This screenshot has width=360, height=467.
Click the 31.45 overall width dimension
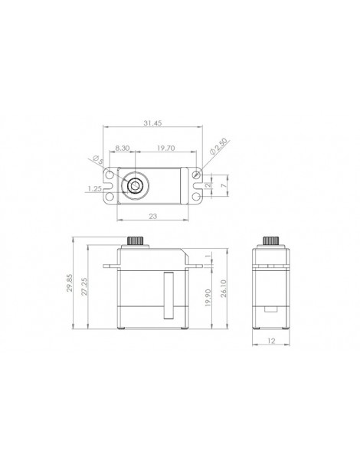coord(152,122)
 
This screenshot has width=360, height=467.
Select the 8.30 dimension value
coord(123,148)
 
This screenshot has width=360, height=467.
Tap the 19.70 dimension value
coord(165,148)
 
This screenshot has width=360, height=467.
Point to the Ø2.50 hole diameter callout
coord(219,146)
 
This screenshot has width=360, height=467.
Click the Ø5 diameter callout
coord(98,160)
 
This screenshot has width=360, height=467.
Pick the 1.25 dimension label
coord(95,188)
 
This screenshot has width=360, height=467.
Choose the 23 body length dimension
coord(152,216)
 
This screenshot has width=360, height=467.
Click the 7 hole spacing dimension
coord(224,185)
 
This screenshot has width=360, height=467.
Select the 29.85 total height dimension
coord(70,283)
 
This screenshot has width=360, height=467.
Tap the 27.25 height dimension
coord(84,286)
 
